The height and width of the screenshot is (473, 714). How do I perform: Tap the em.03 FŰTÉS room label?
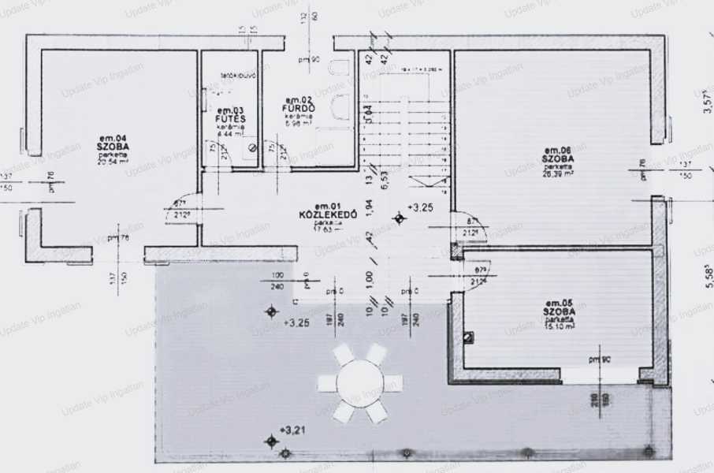click(x=229, y=119)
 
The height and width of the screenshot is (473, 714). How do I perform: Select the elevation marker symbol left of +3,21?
click(x=272, y=441)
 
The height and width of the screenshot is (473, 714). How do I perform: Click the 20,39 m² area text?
click(x=557, y=173)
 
